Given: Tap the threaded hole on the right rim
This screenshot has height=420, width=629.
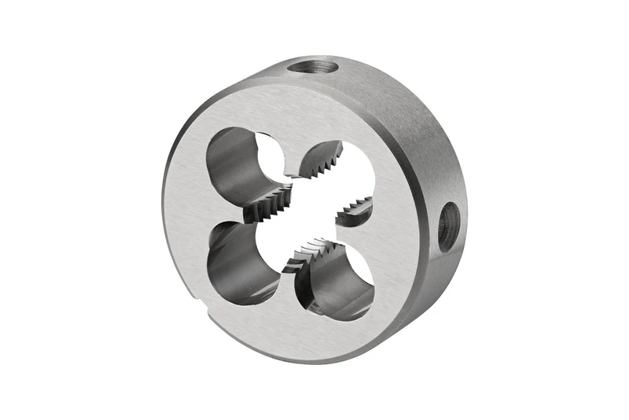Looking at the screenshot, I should [x=447, y=227].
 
